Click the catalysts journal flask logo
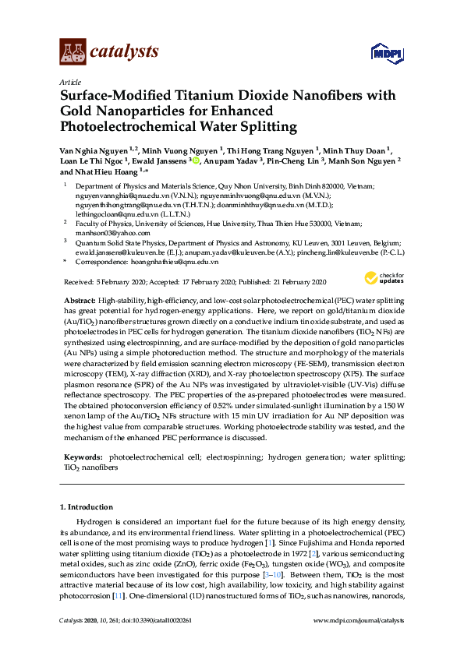73,52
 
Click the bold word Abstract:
80,301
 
